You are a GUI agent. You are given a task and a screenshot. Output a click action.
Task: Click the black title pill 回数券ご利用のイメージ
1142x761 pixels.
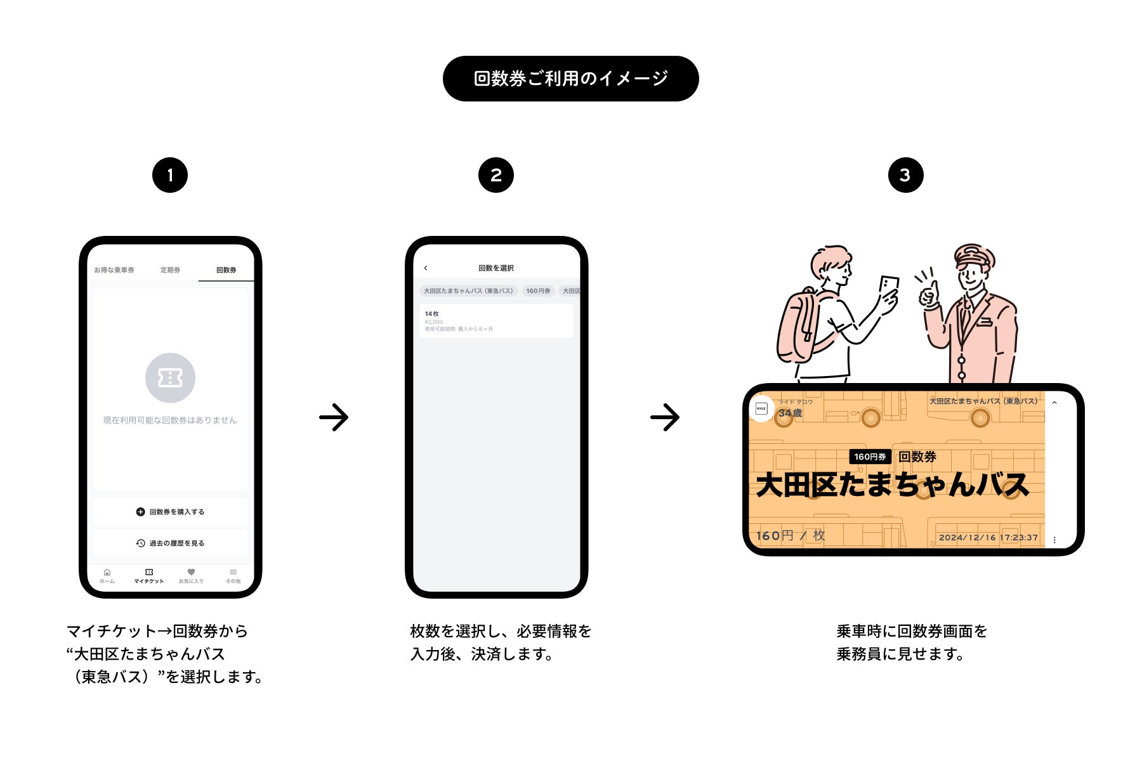pos(570,79)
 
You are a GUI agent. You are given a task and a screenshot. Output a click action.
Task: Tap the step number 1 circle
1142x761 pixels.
pos(170,175)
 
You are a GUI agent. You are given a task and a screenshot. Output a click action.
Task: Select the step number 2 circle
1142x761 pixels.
pos(496,175)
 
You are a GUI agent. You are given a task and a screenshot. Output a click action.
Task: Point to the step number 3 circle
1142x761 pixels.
pos(905,175)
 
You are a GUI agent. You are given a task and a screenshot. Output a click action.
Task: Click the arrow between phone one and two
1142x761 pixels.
pos(334,417)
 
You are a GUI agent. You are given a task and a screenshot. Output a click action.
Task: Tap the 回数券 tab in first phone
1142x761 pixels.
pos(226,270)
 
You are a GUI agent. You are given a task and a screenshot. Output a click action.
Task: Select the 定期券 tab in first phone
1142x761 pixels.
pos(170,270)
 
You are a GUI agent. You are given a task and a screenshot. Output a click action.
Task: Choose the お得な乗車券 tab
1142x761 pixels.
pos(114,270)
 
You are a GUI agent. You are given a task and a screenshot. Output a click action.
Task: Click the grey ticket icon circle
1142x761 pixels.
pos(170,378)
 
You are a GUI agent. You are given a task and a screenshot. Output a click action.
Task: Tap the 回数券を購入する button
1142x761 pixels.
pos(170,512)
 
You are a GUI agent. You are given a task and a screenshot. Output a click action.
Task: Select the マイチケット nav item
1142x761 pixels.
pos(149,576)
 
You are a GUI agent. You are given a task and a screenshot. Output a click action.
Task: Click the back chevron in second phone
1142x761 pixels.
pos(426,268)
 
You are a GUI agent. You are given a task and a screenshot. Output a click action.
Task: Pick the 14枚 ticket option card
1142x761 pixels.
pos(496,321)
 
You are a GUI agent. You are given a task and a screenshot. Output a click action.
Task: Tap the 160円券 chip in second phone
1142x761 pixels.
pos(538,291)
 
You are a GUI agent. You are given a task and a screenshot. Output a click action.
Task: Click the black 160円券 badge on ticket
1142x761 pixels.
pos(870,457)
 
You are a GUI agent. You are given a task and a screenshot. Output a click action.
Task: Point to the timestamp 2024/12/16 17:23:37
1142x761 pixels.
pos(988,538)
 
